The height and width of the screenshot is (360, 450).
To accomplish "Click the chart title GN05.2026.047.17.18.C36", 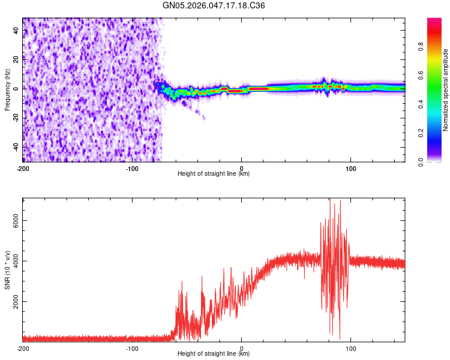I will click(214, 5).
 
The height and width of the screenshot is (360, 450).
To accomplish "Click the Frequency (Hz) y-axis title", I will click(7, 89).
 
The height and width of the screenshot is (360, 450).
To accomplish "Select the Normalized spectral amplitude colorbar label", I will click(445, 90).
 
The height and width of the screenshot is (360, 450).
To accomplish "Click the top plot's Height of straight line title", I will click(214, 174).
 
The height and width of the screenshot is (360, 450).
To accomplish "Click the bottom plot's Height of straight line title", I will click(214, 354).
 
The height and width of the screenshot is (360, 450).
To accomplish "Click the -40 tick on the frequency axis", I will click(15, 147).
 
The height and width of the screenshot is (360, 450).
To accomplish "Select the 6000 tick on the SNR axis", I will click(16, 221).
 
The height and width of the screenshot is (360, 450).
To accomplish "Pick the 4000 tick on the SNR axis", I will click(16, 261).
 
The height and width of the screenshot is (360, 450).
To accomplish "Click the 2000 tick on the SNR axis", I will click(16, 301).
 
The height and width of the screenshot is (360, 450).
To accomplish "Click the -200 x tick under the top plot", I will click(23, 167).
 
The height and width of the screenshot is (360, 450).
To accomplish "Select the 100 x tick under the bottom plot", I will click(350, 347).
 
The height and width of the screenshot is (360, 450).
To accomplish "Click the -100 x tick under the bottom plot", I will click(132, 347).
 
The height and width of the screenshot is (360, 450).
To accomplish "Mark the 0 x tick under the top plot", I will click(241, 167).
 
